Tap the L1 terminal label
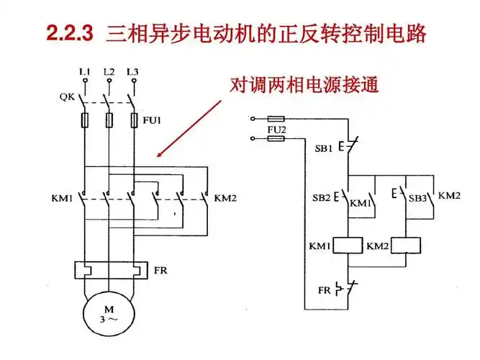pos(85,72)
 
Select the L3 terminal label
pos(132,72)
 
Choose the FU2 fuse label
pos(276,130)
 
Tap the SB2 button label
pos(322,197)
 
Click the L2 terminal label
pos(109,72)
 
